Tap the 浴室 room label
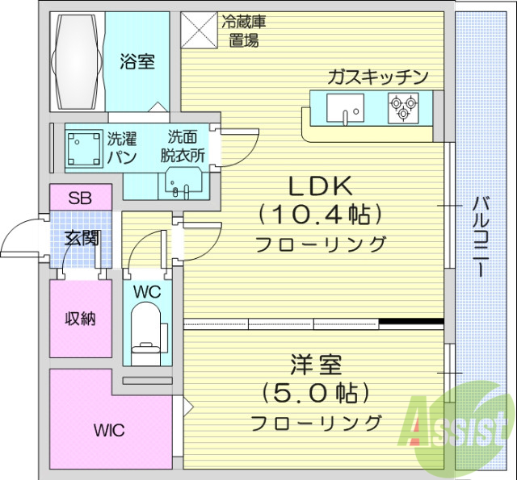(x=138, y=61)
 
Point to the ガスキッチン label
(x=376, y=77)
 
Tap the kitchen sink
(x=346, y=106)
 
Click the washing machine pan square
(x=82, y=147)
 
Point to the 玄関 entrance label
(x=82, y=238)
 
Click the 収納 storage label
(x=80, y=319)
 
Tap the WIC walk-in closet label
(x=108, y=430)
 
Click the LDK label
(x=321, y=186)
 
